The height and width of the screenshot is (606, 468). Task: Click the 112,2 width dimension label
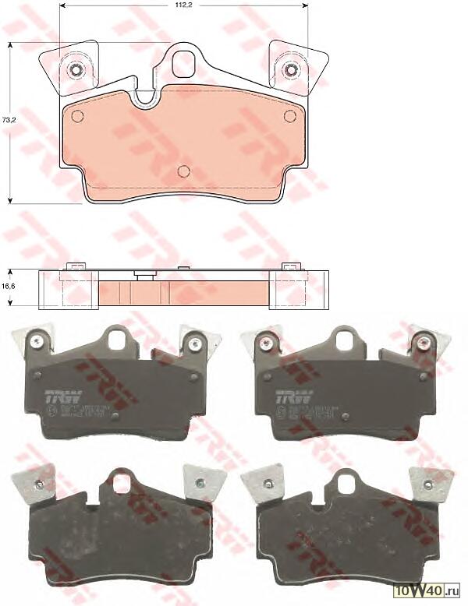pyautogui.click(x=185, y=5)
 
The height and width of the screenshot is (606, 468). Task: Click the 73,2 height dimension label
pyautogui.click(x=7, y=121)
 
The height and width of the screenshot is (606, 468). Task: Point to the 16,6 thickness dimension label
pyautogui.click(x=9, y=287)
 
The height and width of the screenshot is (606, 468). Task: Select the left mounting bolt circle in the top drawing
pyautogui.click(x=76, y=71)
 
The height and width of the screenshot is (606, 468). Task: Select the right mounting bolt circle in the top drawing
pyautogui.click(x=291, y=71)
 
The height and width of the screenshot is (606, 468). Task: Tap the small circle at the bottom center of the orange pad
pyautogui.click(x=184, y=171)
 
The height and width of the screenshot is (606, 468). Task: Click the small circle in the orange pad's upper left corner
pyautogui.click(x=76, y=117)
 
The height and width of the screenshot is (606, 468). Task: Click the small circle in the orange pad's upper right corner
pyautogui.click(x=291, y=117)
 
